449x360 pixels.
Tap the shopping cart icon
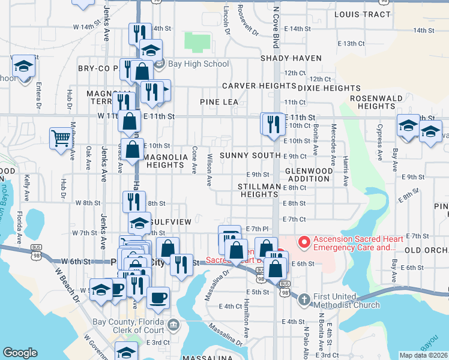pos(61,138)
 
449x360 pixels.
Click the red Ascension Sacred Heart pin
pos(304,242)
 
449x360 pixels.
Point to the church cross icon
pos(304,299)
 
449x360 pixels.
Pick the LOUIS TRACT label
pos(358,14)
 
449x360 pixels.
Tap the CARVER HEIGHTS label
pos(250,86)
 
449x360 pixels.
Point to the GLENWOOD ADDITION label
pos(309,175)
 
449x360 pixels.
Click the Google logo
pos(20,353)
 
